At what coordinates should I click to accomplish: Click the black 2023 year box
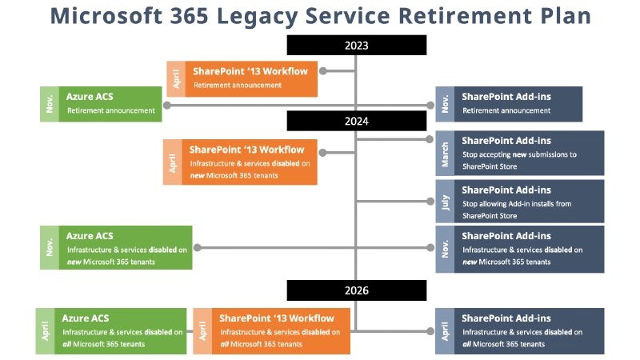point(357,46)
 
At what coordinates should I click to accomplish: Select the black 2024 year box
point(357,121)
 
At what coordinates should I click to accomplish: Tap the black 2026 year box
point(357,290)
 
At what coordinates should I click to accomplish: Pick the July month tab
point(445,201)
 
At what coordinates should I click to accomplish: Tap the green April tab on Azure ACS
point(45,330)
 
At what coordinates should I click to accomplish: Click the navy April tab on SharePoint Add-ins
point(445,330)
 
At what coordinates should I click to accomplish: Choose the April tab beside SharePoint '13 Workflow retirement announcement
point(176,78)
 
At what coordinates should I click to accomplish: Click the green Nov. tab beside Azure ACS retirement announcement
point(50,104)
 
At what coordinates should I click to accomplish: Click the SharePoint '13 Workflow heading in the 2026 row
point(277,318)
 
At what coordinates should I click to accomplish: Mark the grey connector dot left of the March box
point(429,139)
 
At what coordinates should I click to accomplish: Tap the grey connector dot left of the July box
point(429,201)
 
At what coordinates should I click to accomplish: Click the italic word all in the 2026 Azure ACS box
point(68,344)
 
